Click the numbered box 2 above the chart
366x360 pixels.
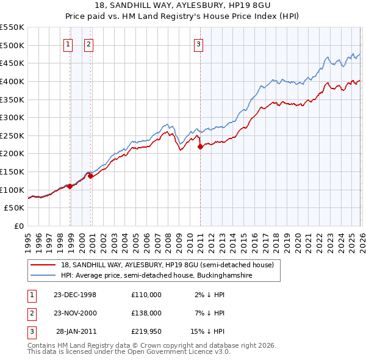[88, 43]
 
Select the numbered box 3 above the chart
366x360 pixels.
[199, 43]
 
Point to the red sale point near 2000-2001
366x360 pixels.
[91, 176]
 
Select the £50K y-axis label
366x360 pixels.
[15, 208]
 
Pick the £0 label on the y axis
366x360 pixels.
[18, 226]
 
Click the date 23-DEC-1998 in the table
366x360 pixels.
[75, 294]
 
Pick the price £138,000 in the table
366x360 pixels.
[146, 312]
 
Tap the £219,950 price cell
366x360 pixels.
[146, 331]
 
